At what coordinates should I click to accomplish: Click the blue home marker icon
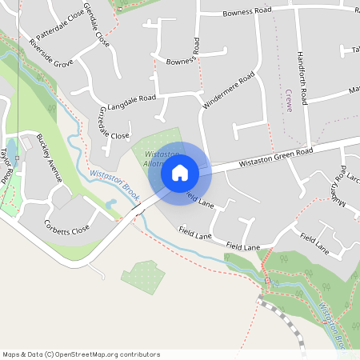pos(179,173)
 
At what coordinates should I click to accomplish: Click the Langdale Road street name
pos(130,99)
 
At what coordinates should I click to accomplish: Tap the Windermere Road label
pos(229,89)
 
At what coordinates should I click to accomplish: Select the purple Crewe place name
pos(287,101)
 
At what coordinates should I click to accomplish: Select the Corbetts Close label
pos(67,227)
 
